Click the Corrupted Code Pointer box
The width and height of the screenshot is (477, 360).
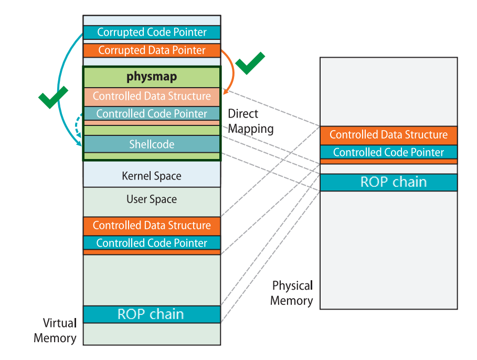coord(152,32)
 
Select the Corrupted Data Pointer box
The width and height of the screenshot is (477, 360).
coord(152,50)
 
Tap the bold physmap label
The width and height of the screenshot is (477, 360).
coord(152,77)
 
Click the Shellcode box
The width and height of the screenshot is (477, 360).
coord(152,144)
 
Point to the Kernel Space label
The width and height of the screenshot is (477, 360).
coord(152,176)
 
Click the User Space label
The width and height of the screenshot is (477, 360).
coord(152,199)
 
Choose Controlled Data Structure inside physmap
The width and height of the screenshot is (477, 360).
coord(152,96)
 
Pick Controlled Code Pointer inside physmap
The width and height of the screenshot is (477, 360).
coord(152,113)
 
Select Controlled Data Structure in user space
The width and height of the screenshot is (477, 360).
coord(152,226)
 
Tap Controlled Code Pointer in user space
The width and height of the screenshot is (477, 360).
coord(152,243)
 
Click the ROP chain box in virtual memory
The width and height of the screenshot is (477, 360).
coord(152,314)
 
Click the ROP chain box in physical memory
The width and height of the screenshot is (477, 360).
coord(388,182)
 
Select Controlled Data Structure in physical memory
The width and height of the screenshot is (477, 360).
coord(388,135)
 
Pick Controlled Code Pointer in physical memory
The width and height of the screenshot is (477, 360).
coord(388,152)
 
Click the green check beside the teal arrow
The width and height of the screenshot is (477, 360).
coord(53,97)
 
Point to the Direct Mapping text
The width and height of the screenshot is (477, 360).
coord(251,121)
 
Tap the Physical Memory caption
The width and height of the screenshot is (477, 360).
coord(292,293)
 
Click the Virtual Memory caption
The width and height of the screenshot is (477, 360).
coord(56,330)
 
